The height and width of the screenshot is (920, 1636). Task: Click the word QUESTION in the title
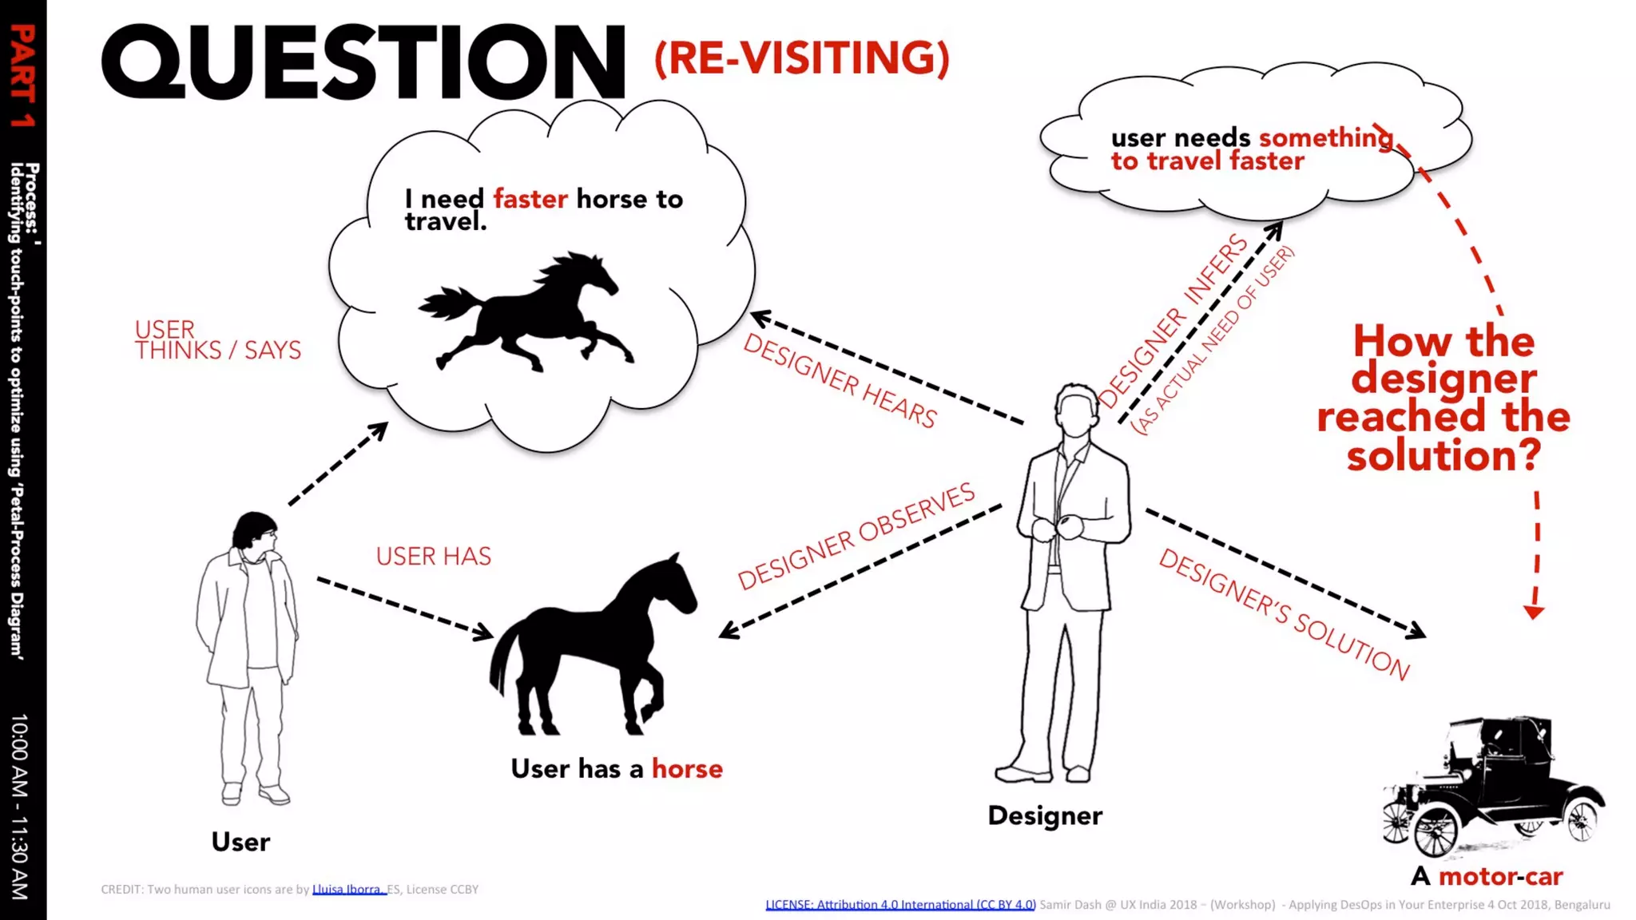[363, 62]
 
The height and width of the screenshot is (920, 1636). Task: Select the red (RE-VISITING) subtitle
[801, 58]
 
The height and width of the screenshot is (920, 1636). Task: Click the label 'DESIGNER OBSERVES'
[856, 537]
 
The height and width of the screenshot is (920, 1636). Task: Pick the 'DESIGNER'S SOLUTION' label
[1284, 613]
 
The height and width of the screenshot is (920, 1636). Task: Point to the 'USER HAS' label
[434, 557]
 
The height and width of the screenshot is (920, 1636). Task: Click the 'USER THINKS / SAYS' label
[217, 340]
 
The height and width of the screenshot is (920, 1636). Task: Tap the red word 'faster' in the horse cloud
[530, 198]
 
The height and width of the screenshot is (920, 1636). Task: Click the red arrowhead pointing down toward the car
[1534, 613]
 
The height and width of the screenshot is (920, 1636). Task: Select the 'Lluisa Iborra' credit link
[348, 890]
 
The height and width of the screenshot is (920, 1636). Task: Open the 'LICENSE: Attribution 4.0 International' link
[900, 905]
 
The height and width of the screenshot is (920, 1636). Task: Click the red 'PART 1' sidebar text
[22, 76]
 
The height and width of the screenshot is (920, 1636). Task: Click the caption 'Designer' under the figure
[1045, 815]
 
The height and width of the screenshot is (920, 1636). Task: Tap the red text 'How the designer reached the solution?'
[1443, 398]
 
